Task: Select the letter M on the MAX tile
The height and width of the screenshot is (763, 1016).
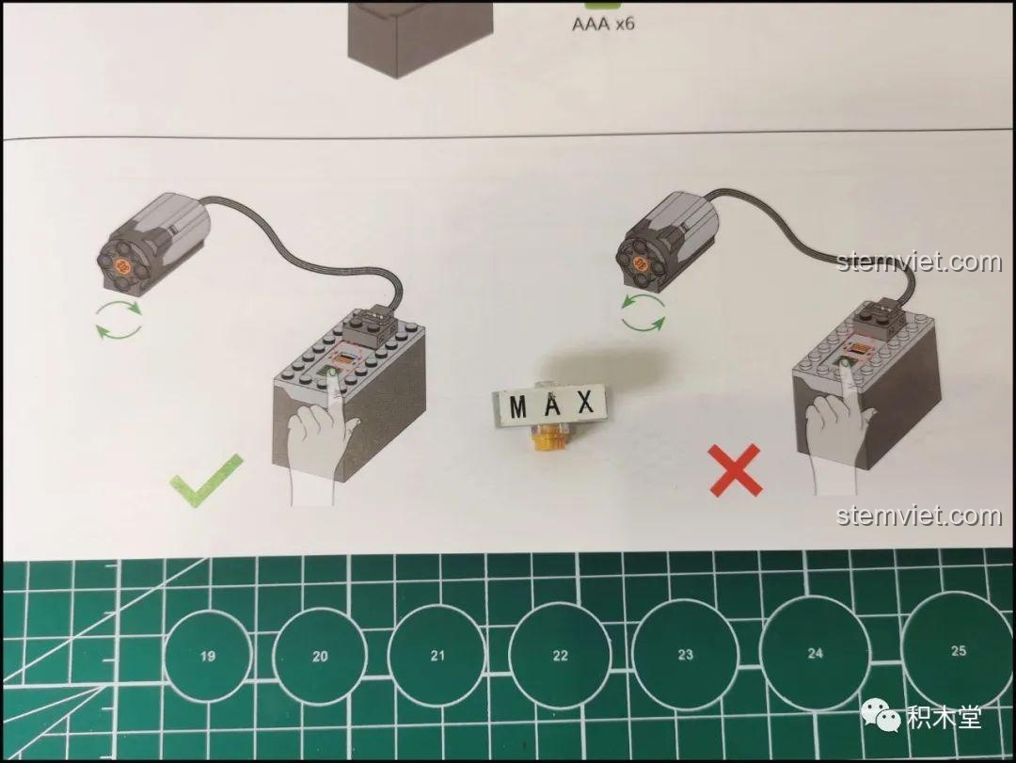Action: click(518, 407)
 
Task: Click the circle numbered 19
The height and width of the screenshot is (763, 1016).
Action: click(208, 656)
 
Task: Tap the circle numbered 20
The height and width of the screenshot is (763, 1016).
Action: click(320, 656)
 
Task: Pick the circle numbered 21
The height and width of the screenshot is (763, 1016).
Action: click(437, 655)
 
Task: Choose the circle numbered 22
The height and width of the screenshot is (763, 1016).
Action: click(560, 656)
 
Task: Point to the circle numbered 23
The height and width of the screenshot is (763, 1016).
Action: click(685, 655)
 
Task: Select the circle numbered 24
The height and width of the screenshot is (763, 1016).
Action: click(815, 653)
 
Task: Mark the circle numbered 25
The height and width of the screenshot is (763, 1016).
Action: click(958, 650)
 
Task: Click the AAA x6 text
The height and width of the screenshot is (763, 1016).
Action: click(603, 24)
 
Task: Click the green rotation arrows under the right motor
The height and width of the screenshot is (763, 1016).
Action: click(643, 311)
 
